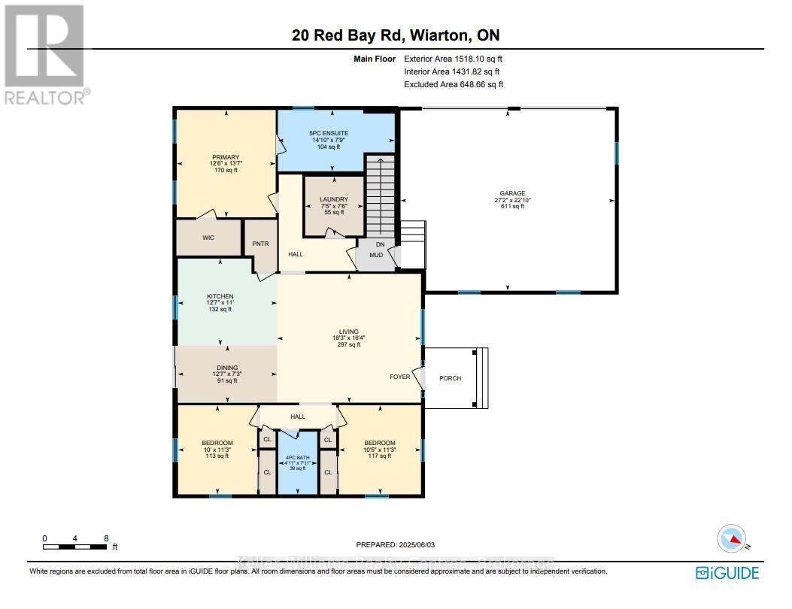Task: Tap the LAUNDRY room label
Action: coord(333,199)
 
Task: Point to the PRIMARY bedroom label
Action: coord(225,157)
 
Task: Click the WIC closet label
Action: coord(208,238)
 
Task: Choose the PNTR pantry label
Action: coord(260,244)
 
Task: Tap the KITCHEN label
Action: coord(220,296)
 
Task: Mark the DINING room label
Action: coord(227,368)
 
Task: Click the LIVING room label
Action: coord(348,332)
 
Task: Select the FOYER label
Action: coord(400,377)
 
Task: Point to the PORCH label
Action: coord(451,378)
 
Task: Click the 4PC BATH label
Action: coord(298,457)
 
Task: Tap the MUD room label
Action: coord(376,255)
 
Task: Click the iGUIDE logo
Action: coord(727,573)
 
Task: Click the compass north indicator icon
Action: coord(730,539)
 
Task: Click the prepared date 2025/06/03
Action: coord(395,544)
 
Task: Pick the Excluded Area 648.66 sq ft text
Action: coord(454,85)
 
